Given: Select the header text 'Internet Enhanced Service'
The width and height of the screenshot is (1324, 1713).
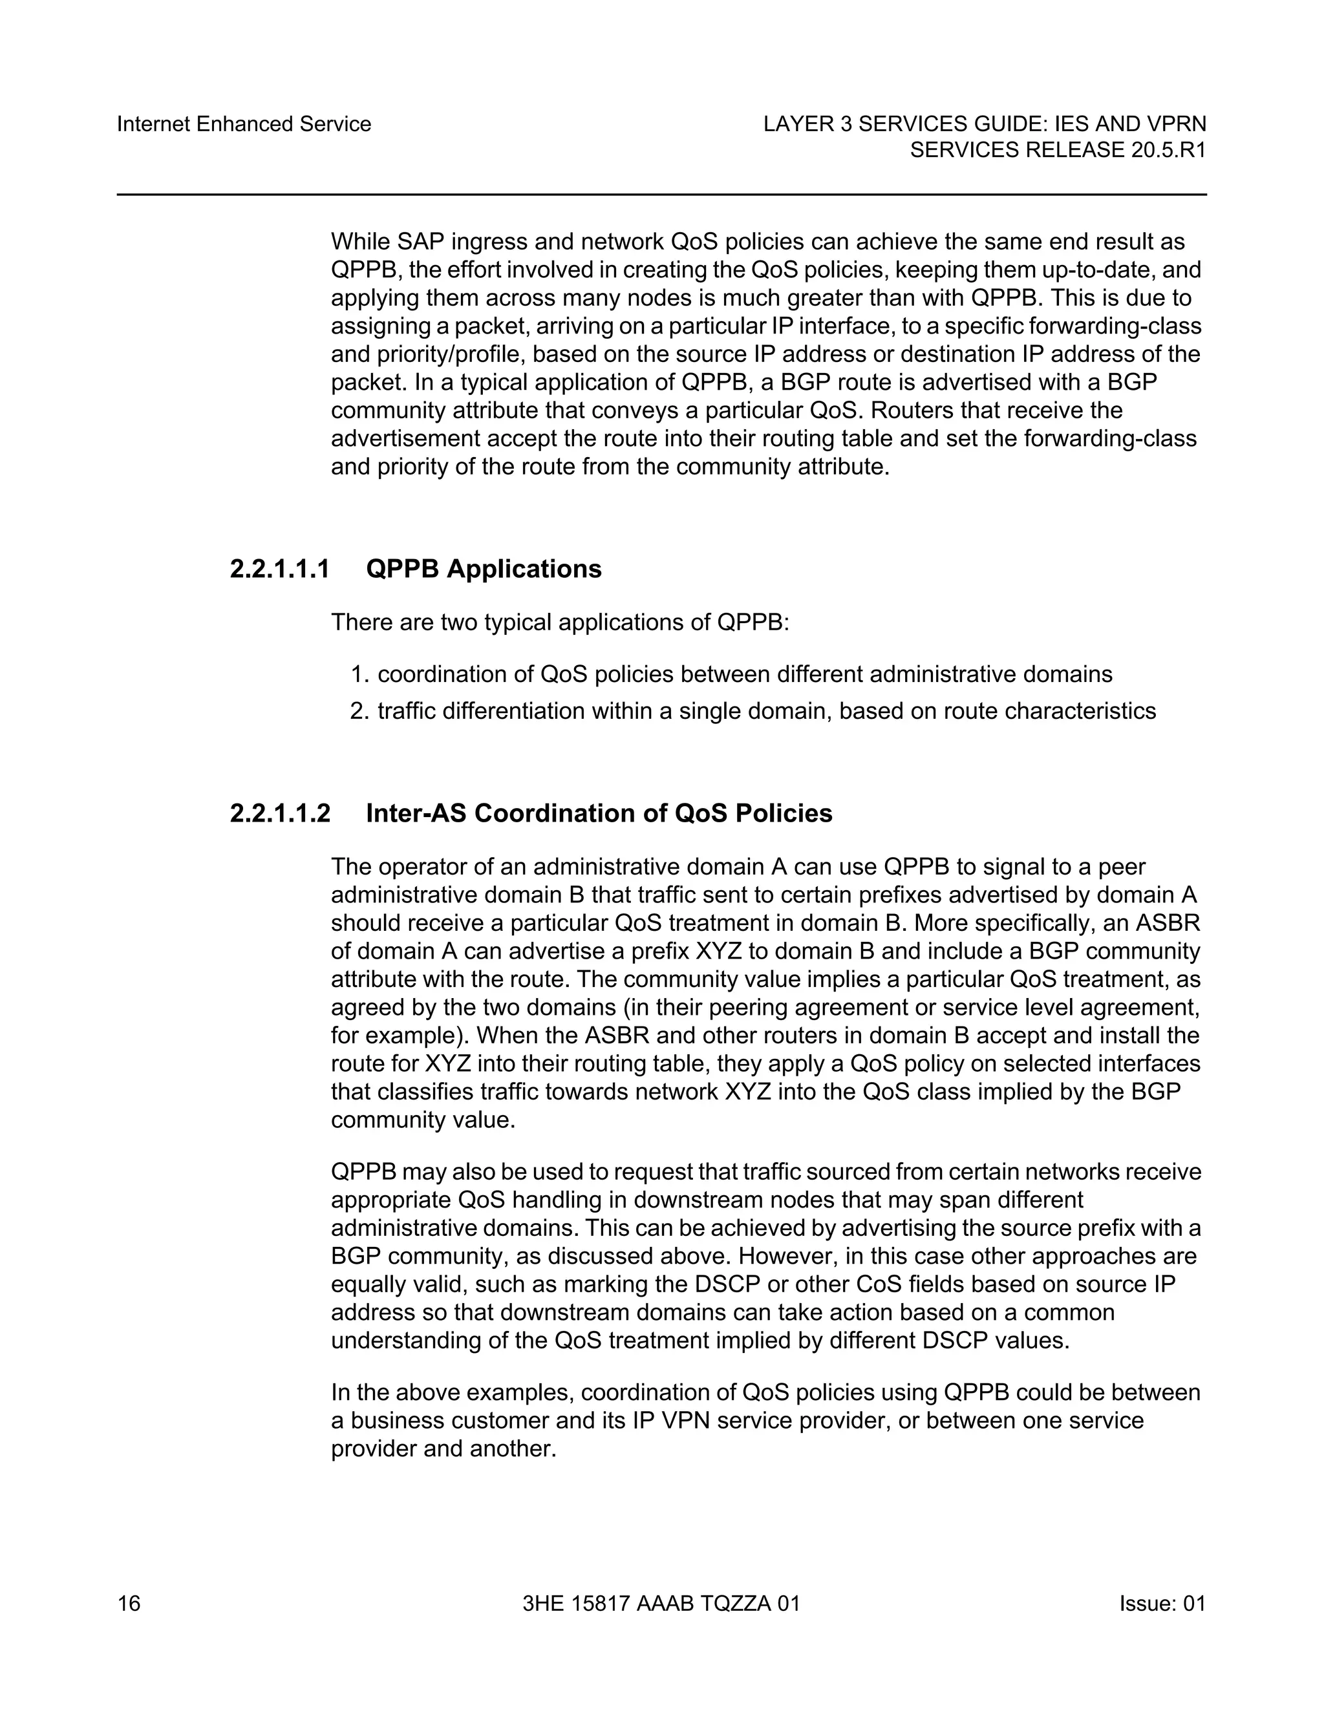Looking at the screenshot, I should click(244, 124).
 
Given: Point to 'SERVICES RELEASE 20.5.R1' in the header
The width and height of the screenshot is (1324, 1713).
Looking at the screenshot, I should click(1057, 150).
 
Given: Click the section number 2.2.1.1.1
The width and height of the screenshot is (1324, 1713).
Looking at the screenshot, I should click(280, 569).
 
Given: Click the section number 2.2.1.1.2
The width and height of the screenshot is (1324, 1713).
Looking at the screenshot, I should click(280, 813).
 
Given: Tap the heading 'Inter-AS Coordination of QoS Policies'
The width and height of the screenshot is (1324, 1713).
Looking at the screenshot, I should click(599, 813).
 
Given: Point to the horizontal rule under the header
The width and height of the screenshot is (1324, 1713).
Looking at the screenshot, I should click(661, 195).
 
